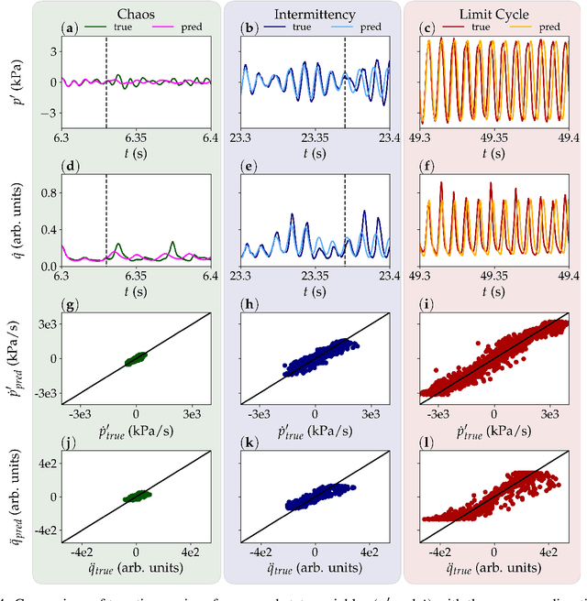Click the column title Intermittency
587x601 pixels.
315,16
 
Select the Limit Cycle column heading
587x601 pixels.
494,16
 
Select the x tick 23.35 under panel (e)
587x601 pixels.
315,274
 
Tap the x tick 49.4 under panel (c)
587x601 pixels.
568,138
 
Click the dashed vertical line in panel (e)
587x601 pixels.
345,220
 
